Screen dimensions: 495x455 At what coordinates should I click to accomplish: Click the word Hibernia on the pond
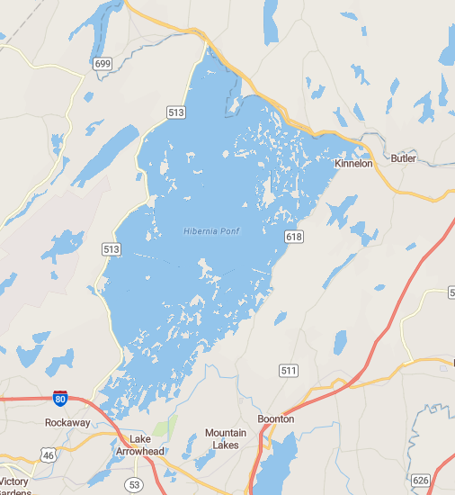pyautogui.click(x=202, y=232)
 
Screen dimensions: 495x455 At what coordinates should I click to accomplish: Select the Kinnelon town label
pyautogui.click(x=352, y=164)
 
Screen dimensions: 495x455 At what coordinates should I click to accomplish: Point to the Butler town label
pyautogui.click(x=404, y=158)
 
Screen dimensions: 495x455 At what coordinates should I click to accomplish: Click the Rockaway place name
pyautogui.click(x=65, y=421)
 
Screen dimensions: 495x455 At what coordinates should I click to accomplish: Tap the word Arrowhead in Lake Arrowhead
pyautogui.click(x=140, y=451)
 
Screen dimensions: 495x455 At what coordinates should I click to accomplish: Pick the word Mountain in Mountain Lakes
pyautogui.click(x=226, y=433)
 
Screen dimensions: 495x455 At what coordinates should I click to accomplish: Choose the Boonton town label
pyautogui.click(x=276, y=419)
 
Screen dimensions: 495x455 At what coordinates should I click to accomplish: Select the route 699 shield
pyautogui.click(x=102, y=62)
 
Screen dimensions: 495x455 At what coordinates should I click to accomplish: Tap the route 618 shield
pyautogui.click(x=294, y=236)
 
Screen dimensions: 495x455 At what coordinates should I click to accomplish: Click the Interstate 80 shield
pyautogui.click(x=59, y=396)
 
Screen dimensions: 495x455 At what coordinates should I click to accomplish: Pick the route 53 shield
pyautogui.click(x=134, y=484)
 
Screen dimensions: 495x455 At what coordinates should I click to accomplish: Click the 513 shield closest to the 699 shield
pyautogui.click(x=175, y=112)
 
